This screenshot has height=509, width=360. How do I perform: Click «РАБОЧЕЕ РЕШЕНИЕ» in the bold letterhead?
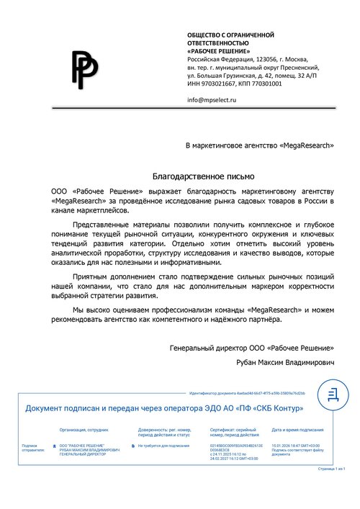coord(220,51)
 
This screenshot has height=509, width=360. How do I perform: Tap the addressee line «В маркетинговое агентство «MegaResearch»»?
coord(260,145)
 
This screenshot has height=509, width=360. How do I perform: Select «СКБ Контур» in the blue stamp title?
coord(276,408)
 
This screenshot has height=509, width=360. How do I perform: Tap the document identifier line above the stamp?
coord(247,395)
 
